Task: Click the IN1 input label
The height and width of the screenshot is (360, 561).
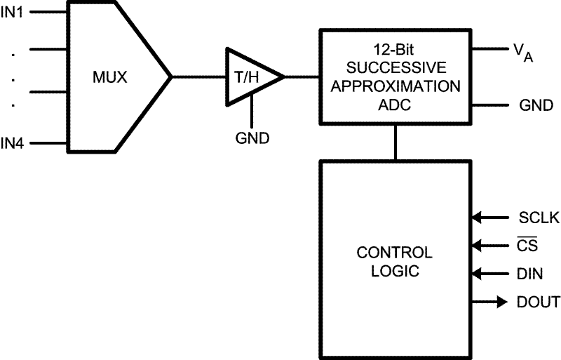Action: (x=13, y=13)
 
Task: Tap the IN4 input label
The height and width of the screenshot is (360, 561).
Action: (x=13, y=143)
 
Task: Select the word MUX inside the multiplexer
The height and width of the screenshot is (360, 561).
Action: (x=110, y=77)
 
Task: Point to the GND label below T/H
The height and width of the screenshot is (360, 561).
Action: (x=252, y=138)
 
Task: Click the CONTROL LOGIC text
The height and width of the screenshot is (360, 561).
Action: (x=395, y=261)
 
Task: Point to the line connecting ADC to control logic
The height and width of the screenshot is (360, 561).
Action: (x=396, y=143)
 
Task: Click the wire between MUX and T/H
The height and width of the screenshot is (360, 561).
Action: (x=198, y=76)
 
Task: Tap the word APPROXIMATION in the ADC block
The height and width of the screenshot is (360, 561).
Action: (x=396, y=87)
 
